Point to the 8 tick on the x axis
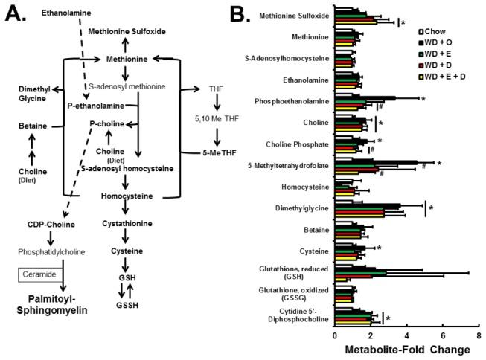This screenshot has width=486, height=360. (476, 335)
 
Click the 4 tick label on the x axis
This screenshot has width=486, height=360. (405, 335)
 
